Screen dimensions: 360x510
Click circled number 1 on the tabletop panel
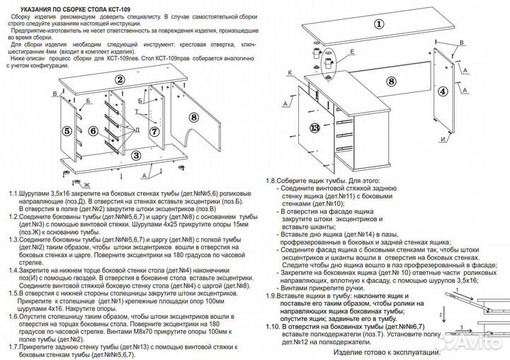[x=378, y=24]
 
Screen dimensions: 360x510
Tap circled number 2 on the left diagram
[x=120, y=80]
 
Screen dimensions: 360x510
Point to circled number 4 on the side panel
[x=443, y=91]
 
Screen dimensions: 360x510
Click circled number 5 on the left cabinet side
[x=67, y=130]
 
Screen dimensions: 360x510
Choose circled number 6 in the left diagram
[x=93, y=130]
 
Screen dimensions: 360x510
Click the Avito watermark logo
[x=476, y=343]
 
